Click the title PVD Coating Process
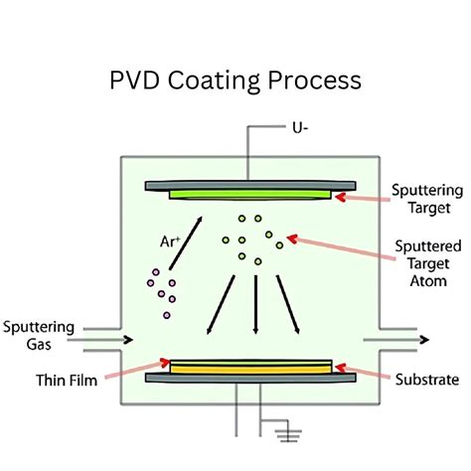point(235,78)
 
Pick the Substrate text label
point(425,379)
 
